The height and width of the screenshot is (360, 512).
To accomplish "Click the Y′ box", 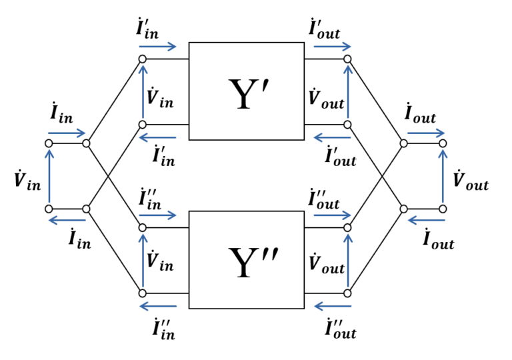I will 247,91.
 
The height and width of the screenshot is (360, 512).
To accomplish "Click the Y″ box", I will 247,260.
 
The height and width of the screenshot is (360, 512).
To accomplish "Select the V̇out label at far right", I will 470,180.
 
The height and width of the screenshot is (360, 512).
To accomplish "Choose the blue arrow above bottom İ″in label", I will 158,307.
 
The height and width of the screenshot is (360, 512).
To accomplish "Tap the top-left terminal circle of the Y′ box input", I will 142,59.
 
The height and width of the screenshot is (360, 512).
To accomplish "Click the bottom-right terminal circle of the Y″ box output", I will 347,293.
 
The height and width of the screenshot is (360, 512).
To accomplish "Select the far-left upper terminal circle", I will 49,143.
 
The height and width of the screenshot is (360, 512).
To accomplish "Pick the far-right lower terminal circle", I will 443,209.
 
